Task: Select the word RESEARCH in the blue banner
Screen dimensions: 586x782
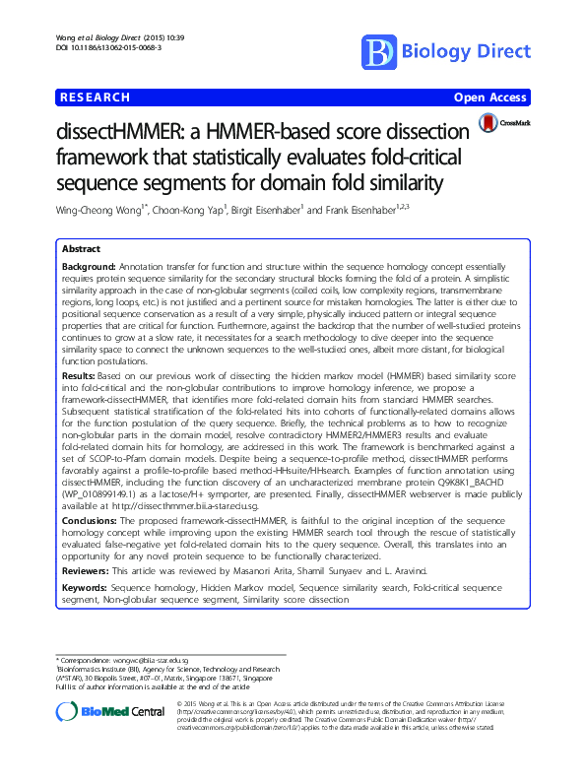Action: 96,98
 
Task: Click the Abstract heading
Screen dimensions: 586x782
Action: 81,251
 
